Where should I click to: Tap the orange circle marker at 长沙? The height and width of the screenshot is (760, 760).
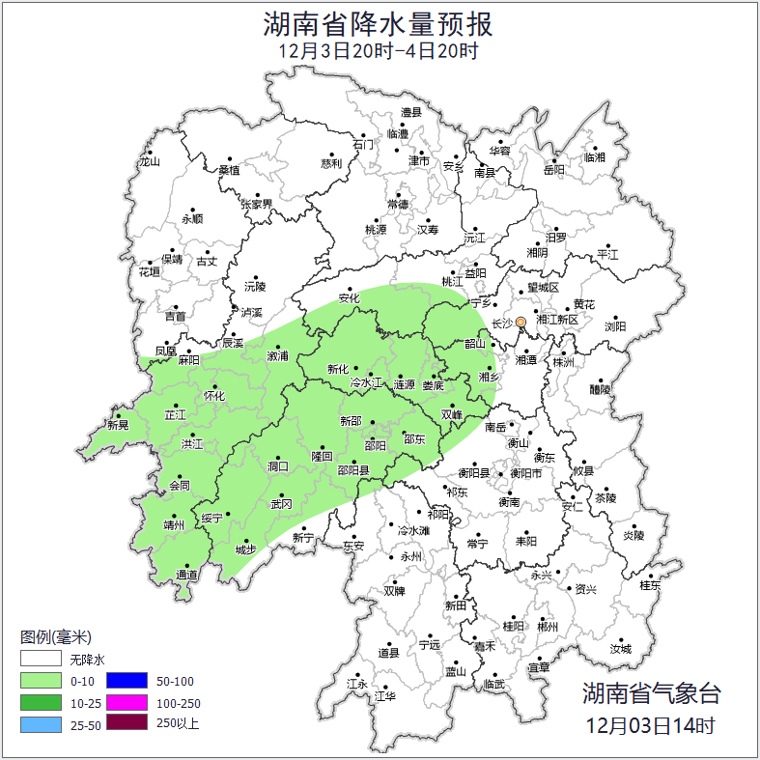coord(520,323)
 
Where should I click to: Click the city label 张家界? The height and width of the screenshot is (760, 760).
coord(257,204)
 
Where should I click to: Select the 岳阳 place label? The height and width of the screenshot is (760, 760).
coord(553,170)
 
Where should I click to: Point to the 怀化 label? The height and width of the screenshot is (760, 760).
coord(214,396)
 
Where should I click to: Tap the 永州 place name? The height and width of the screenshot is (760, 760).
coord(411,556)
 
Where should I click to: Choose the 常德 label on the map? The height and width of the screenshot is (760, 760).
coord(397,204)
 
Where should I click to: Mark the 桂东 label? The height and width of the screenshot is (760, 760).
coord(650,584)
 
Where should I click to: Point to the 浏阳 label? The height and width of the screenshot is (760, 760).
coord(615,326)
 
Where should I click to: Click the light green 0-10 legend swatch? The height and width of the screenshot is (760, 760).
coord(41,681)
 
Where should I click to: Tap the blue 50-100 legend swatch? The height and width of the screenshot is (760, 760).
coord(126,681)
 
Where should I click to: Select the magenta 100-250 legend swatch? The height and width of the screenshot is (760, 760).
coord(126,702)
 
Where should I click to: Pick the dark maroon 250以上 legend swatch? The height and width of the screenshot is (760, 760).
coord(126,722)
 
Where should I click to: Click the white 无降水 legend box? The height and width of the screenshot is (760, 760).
coord(41,660)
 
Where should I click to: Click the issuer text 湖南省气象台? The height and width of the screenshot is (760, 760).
coord(651,692)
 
